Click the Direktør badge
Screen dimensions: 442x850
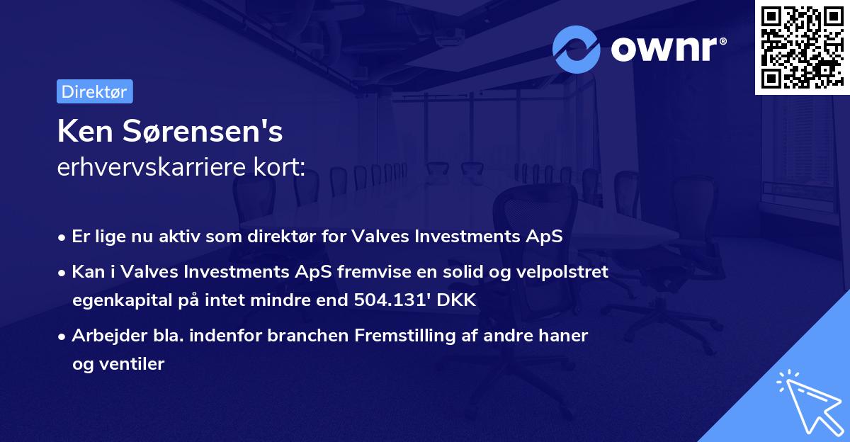[x=94, y=91]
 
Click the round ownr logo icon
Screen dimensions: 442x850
[x=577, y=49]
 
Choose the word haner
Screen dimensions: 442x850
[x=564, y=336]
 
